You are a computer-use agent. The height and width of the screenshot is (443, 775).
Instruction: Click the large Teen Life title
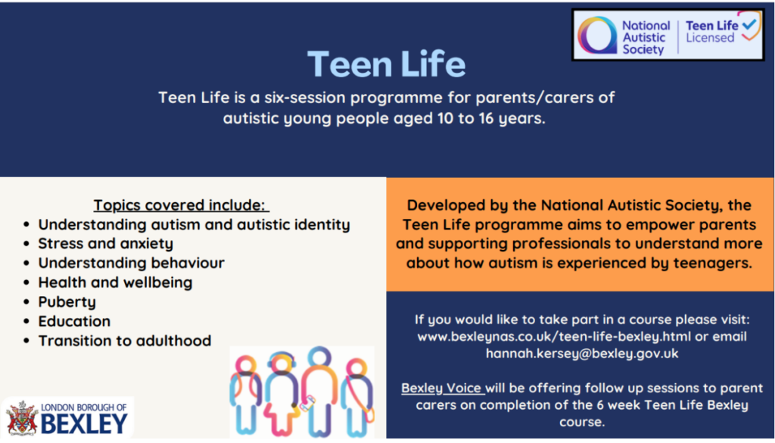[x=386, y=64]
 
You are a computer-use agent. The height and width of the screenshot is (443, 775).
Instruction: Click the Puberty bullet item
[x=67, y=302]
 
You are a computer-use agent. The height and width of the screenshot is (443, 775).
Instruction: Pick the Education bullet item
[x=75, y=321]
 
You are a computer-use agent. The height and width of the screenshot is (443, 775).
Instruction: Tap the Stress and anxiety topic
[x=106, y=244]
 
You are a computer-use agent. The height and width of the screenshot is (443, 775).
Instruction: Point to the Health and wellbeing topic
[x=115, y=282]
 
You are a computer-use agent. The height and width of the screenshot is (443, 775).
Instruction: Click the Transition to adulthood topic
[x=125, y=341]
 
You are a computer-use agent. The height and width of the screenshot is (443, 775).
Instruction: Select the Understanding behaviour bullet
[x=132, y=263]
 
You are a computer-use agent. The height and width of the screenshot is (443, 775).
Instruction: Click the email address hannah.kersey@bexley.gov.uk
[x=582, y=354]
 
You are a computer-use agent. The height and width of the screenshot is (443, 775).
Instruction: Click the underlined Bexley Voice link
[x=442, y=388]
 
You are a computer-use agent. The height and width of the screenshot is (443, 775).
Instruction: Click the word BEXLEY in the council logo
[x=84, y=424]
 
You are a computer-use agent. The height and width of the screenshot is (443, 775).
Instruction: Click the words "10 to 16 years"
[x=490, y=119]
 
